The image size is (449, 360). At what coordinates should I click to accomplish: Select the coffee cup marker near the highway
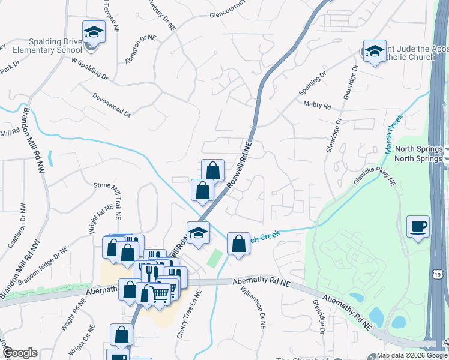coord(418,227)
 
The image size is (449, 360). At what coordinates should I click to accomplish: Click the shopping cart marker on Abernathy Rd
coord(159,294)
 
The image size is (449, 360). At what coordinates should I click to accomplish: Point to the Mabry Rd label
coord(318,106)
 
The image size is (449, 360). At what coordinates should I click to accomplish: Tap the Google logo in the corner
coord(19,353)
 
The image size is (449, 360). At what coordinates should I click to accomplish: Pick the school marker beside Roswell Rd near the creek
coord(198,233)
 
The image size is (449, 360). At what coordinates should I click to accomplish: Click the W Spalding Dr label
coord(90,68)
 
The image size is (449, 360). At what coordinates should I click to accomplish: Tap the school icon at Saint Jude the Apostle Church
coord(375,51)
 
